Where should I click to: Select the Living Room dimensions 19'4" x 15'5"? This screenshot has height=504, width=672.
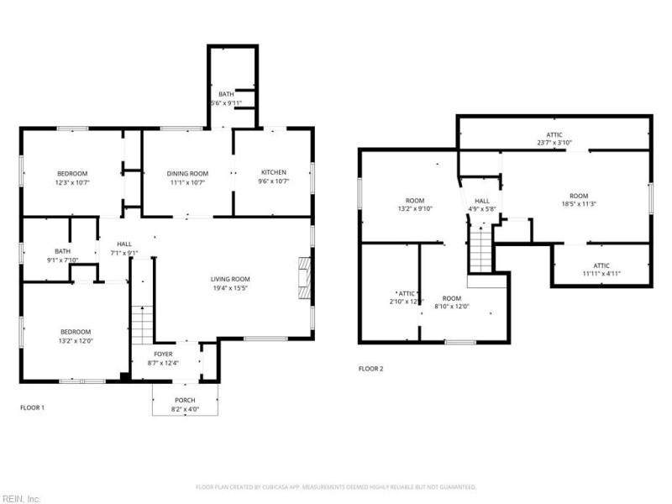coord(229,288)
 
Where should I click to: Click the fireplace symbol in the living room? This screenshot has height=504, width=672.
coord(303,276)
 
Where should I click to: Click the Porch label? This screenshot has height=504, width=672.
coord(184,400)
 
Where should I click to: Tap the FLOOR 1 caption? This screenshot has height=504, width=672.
coord(32,407)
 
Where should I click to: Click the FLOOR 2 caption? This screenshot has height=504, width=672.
coord(370,369)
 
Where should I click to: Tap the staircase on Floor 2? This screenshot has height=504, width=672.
coord(479,249)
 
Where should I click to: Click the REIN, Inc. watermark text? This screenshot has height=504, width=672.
coord(20,498)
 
